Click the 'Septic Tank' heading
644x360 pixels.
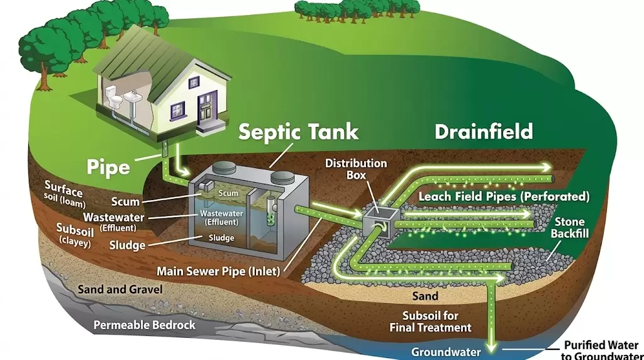(x=298, y=132)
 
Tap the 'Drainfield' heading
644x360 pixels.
(x=483, y=132)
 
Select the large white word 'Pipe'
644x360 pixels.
(x=108, y=167)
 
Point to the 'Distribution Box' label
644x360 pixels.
(x=355, y=168)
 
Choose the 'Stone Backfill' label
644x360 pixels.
(x=569, y=228)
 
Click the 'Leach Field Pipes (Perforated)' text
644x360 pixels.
(x=504, y=196)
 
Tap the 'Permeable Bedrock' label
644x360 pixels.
(x=145, y=325)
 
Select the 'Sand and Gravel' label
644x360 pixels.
(x=119, y=290)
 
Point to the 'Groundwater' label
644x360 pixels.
(x=446, y=352)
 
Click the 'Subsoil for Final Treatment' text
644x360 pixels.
(x=430, y=321)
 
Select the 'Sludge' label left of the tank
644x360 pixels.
(x=128, y=245)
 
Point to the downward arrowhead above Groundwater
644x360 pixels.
(x=492, y=346)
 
